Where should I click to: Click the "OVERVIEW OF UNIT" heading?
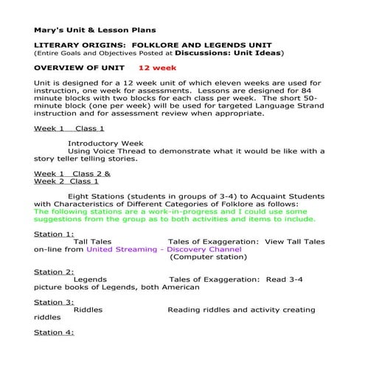(x=80, y=67)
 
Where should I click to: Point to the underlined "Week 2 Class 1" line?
(x=66, y=181)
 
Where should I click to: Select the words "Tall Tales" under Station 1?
(x=92, y=241)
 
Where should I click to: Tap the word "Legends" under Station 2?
(x=90, y=279)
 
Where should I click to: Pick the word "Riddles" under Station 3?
(x=88, y=310)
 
